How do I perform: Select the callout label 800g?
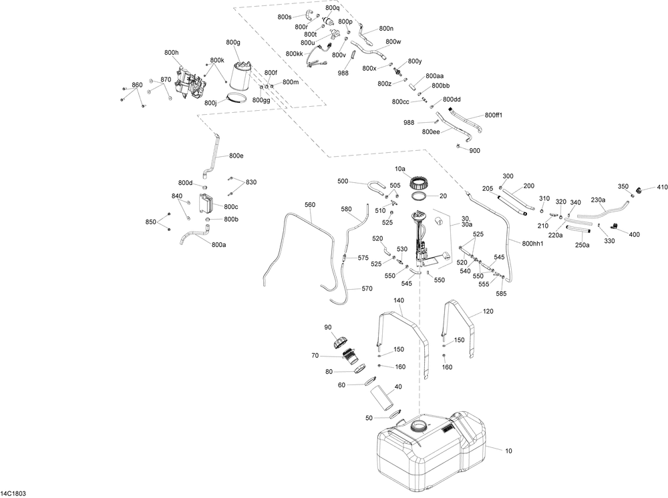[233, 42]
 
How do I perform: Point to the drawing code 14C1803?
[13, 493]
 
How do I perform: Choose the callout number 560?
[310, 205]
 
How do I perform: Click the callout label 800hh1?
[532, 244]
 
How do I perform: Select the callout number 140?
[399, 300]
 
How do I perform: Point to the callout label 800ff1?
[494, 115]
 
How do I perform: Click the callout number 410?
[662, 187]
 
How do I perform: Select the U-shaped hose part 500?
[377, 188]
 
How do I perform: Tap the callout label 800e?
[236, 156]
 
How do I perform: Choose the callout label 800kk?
[295, 53]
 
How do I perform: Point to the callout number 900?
[474, 150]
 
